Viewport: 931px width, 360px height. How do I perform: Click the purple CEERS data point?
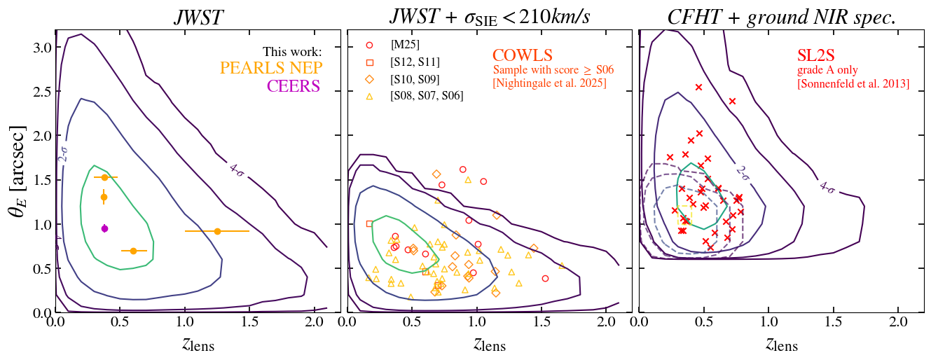pyautogui.click(x=104, y=228)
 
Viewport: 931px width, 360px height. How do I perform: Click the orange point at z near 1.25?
pyautogui.click(x=217, y=231)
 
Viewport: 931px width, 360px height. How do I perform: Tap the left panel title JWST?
pyautogui.click(x=200, y=18)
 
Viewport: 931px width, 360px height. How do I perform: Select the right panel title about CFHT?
pyautogui.click(x=781, y=18)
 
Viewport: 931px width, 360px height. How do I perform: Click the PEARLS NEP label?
pyautogui.click(x=270, y=69)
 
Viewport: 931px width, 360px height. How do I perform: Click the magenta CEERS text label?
pyautogui.click(x=293, y=86)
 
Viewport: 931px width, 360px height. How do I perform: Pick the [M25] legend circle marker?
pyautogui.click(x=369, y=46)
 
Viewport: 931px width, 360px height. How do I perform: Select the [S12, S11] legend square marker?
pyautogui.click(x=369, y=62)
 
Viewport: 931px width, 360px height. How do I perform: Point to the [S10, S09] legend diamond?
pyautogui.click(x=369, y=78)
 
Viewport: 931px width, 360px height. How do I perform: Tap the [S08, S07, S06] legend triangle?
pyautogui.click(x=369, y=95)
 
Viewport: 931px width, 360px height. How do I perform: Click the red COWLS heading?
pyautogui.click(x=523, y=56)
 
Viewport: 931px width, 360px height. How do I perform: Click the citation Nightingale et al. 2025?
pyautogui.click(x=550, y=84)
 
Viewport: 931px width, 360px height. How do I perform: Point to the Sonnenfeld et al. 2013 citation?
pyautogui.click(x=853, y=84)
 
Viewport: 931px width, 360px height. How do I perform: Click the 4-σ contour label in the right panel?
pyautogui.click(x=827, y=187)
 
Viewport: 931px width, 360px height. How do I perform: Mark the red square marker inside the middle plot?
pyautogui.click(x=370, y=223)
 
